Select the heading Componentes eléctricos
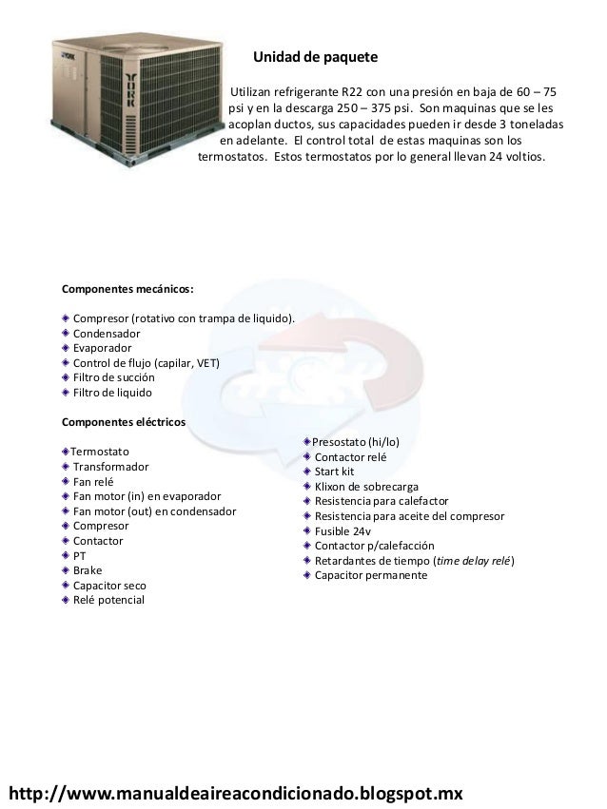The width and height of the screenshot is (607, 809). pos(124,421)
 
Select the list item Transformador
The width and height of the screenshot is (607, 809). pos(110,468)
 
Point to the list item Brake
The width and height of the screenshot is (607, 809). pos(88,570)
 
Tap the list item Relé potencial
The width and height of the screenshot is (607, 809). pos(108,601)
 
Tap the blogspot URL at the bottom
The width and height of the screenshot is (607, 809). pos(234,791)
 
